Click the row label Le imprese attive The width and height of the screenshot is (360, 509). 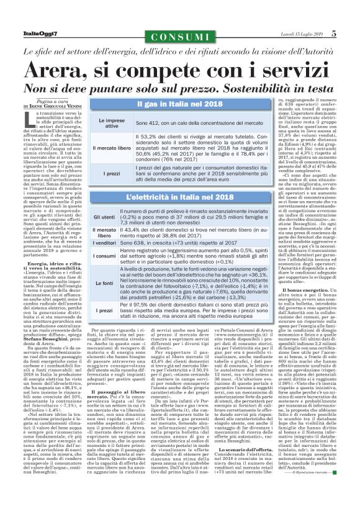coord(111,123)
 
